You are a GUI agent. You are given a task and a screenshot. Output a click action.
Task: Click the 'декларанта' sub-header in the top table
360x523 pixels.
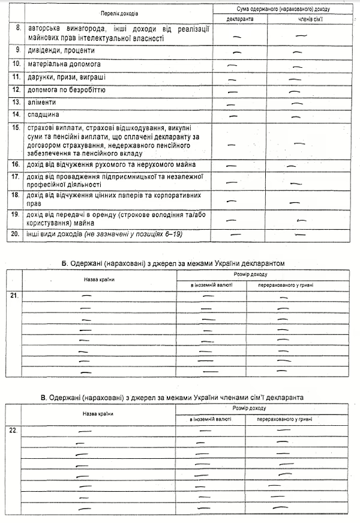click(x=240, y=19)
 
